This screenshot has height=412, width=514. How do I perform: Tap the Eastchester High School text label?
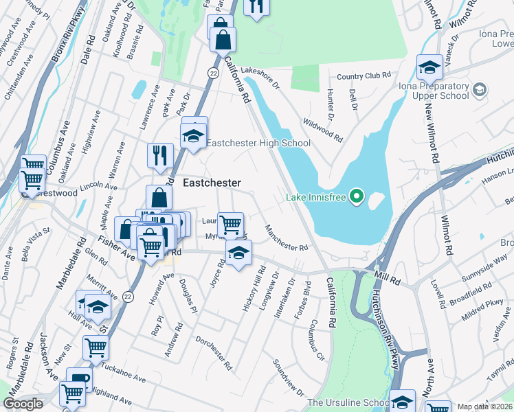pyautogui.click(x=258, y=143)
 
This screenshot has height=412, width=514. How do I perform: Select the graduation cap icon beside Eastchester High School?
pyautogui.click(x=194, y=135)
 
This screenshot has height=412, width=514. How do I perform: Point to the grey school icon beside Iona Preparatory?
pyautogui.click(x=480, y=90)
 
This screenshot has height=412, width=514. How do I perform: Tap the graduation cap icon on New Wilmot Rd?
pyautogui.click(x=429, y=67)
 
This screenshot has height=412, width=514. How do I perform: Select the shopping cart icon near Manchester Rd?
pyautogui.click(x=230, y=224)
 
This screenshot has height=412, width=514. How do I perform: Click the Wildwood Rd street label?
pyautogui.click(x=323, y=129)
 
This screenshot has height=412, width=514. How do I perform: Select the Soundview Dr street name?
pyautogui.click(x=288, y=378)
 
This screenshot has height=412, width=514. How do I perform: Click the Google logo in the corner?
pyautogui.click(x=23, y=404)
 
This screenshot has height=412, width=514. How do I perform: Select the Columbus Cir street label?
pyautogui.click(x=317, y=339)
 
